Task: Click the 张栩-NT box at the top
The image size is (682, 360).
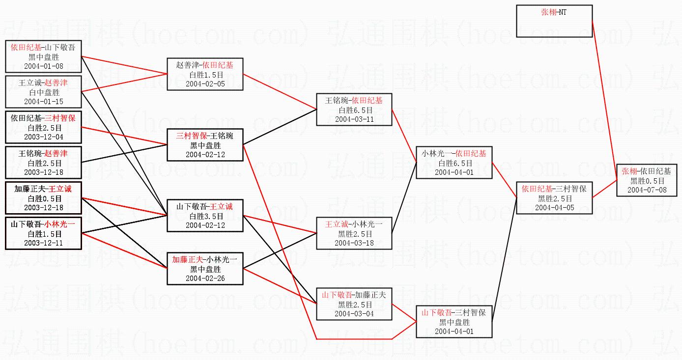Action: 554,21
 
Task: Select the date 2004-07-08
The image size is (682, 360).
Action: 647,190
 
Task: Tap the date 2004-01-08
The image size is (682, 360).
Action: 44,66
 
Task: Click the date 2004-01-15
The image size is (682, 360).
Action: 44,101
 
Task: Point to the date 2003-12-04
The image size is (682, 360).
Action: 44,137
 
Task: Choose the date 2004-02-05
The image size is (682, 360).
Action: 205,83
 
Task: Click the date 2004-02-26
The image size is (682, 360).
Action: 205,278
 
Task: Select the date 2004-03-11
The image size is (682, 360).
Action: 354,119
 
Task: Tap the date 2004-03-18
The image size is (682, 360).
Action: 354,243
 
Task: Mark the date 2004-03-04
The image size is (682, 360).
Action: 354,313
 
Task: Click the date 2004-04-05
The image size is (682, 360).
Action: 555,207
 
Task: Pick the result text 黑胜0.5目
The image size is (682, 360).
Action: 647,181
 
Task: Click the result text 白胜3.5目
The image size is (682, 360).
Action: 205,216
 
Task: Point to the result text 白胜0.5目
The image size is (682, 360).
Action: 44,198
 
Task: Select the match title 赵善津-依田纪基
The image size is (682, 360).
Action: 205,65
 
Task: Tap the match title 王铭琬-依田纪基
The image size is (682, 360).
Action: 354,101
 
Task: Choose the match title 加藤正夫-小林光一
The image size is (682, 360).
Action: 205,259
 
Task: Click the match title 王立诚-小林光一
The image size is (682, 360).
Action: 354,224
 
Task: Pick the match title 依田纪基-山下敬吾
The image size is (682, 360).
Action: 44,48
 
